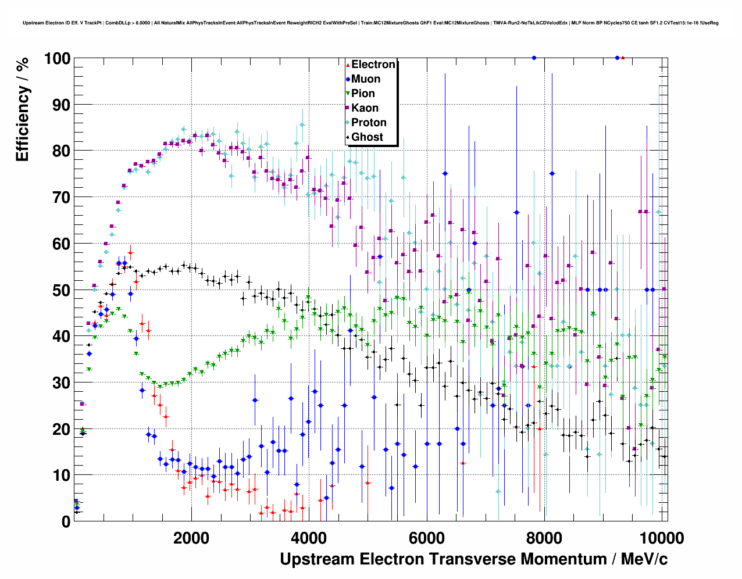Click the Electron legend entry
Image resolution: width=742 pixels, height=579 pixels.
point(373,65)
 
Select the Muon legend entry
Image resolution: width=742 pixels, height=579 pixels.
point(365,79)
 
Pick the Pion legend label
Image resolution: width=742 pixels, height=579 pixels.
point(363,94)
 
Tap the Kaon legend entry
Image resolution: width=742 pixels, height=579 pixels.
point(365,108)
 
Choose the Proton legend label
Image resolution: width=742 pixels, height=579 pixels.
point(369,123)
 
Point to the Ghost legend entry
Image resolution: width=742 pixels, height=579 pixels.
point(367,137)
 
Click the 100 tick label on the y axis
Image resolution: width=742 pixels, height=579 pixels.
point(57,59)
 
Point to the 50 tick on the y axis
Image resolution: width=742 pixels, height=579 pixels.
point(61,290)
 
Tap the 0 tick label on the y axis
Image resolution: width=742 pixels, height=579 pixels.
point(66,521)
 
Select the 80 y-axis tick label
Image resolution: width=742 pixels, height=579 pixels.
point(61,151)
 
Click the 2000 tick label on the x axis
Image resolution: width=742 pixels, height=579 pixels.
point(191,538)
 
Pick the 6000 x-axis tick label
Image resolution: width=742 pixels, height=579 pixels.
point(426,538)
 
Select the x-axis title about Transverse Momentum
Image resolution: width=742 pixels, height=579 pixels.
point(473,559)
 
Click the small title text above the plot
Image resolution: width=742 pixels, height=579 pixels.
point(370,23)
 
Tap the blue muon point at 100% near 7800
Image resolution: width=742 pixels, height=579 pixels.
point(534,58)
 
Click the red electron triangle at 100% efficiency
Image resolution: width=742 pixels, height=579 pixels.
point(623,58)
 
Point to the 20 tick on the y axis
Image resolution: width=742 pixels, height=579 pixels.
point(61,429)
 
